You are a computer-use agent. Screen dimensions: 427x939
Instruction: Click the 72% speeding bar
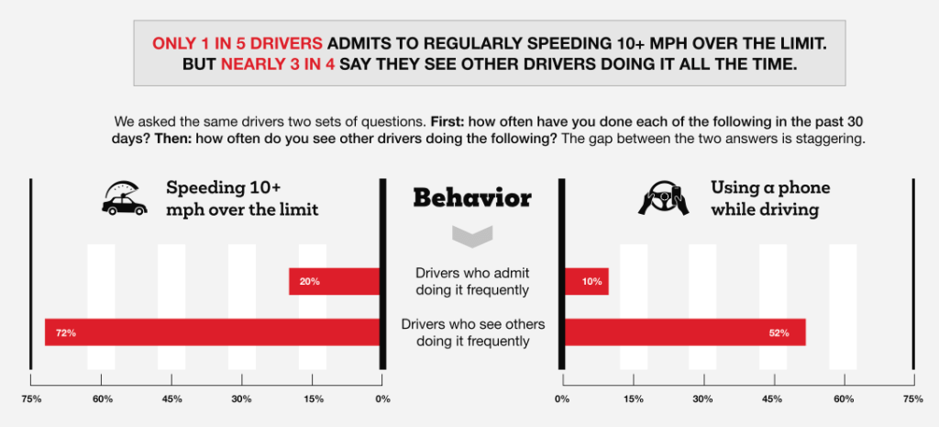click(212, 331)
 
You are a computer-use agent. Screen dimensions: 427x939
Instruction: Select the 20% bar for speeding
click(334, 281)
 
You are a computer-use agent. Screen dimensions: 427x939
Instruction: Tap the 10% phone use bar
click(587, 281)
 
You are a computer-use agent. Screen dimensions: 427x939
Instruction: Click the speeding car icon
click(125, 197)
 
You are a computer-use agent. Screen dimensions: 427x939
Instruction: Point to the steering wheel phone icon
click(664, 198)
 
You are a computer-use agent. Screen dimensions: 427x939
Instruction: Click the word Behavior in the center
click(471, 197)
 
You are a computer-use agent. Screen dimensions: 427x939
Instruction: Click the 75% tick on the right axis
click(912, 399)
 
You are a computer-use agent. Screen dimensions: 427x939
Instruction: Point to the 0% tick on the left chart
click(382, 399)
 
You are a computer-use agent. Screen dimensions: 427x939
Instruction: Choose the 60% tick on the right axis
click(844, 399)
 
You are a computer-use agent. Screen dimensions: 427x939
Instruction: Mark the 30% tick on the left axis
click(242, 399)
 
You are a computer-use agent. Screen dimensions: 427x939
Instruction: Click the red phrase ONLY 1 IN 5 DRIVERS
click(238, 44)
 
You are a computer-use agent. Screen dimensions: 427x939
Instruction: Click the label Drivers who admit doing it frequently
click(471, 282)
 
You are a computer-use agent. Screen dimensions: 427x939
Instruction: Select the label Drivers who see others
click(471, 331)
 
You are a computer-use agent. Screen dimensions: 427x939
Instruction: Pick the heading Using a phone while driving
click(770, 197)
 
